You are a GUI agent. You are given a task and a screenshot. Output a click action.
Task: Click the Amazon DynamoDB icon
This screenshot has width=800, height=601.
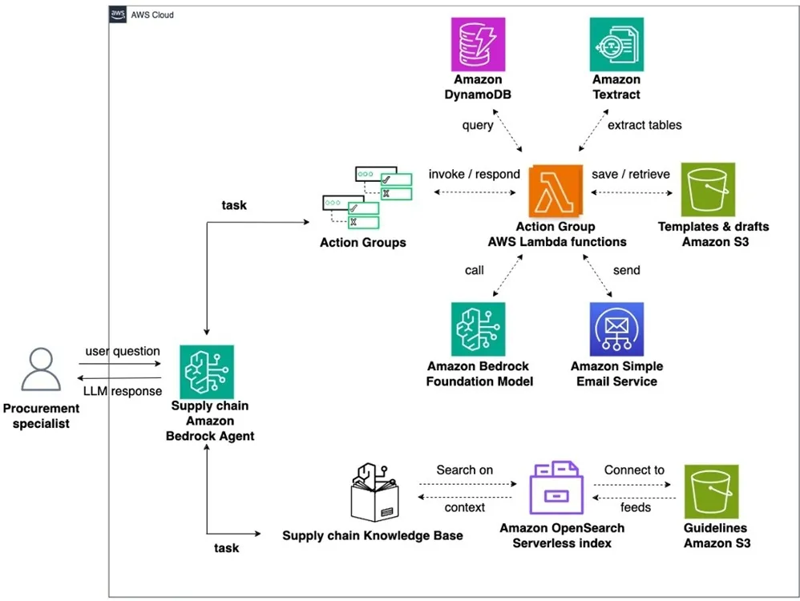pyautogui.click(x=478, y=44)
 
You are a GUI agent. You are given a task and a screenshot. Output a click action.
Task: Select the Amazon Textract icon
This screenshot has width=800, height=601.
pyautogui.click(x=616, y=44)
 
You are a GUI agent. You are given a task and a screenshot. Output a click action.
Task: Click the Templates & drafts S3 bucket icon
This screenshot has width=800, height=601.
pyautogui.click(x=708, y=190)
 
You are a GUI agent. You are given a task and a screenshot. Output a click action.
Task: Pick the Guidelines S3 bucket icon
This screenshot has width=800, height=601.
pyautogui.click(x=711, y=491)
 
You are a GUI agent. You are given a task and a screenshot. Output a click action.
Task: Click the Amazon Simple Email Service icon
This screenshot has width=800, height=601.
pyautogui.click(x=616, y=329)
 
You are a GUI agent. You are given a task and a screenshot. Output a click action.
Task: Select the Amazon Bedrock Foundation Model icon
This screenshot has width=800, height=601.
pyautogui.click(x=478, y=329)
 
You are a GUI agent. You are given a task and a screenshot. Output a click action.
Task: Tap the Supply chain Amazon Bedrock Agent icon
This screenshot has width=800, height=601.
pyautogui.click(x=207, y=372)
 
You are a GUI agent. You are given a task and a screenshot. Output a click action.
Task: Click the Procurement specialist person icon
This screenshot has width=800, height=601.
pyautogui.click(x=41, y=369)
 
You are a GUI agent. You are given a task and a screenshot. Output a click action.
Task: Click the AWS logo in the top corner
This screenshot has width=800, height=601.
pyautogui.click(x=119, y=15)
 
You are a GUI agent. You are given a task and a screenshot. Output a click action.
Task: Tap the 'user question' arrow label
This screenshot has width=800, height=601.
pyautogui.click(x=123, y=351)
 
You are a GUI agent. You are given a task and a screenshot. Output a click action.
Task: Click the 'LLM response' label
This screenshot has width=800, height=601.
pyautogui.click(x=123, y=391)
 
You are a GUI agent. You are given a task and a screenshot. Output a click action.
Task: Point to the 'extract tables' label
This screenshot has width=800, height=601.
pyautogui.click(x=644, y=125)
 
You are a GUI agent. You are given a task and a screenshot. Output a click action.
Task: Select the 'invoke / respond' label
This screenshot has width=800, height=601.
pyautogui.click(x=474, y=174)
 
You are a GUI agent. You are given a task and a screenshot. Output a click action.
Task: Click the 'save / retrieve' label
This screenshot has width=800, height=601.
pyautogui.click(x=630, y=174)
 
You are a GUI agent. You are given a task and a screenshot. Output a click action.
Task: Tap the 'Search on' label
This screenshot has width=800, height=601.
pyautogui.click(x=465, y=470)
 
